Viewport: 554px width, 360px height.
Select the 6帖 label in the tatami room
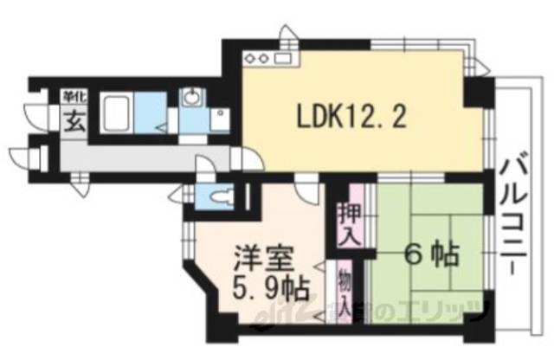coord(428,257)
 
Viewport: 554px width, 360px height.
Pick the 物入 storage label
coord(345,292)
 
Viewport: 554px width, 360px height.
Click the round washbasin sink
coord(190,95)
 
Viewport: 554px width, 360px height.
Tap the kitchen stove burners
coord(259,59)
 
